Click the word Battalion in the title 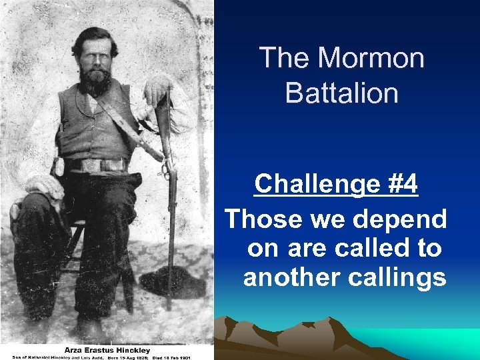[341, 93]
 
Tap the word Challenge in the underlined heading [311, 184]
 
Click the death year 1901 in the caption [184, 357]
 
